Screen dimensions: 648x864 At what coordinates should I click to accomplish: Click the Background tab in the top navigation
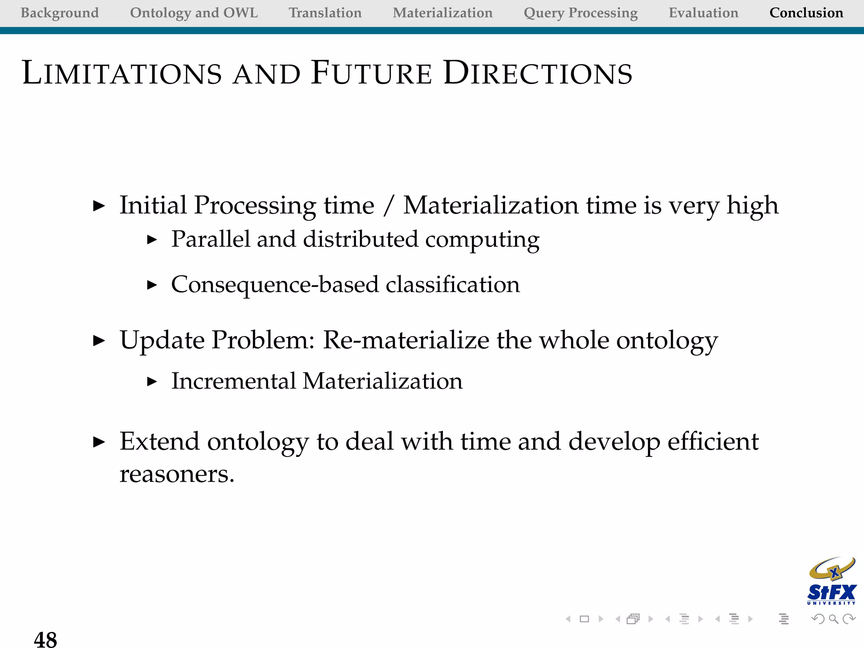point(59,13)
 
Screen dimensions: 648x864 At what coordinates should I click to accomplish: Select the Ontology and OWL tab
point(194,13)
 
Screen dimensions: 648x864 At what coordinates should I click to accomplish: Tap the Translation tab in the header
point(325,13)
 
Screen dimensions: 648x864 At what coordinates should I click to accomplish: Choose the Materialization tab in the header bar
point(443,13)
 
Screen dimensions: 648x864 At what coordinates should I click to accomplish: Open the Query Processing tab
point(580,13)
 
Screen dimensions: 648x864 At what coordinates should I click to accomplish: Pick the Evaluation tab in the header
point(703,13)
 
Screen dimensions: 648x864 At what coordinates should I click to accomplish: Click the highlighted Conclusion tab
point(806,13)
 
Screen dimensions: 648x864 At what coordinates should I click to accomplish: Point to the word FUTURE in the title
point(371,73)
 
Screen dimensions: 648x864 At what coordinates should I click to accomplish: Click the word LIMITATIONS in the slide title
point(122,73)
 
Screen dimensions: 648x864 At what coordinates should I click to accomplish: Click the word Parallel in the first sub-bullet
point(211,239)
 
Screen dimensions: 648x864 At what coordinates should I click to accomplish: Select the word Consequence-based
point(275,285)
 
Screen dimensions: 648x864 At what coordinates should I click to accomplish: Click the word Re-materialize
point(405,340)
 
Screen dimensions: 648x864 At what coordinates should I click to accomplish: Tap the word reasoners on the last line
point(176,475)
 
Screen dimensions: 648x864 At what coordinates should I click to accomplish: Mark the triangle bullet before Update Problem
point(99,340)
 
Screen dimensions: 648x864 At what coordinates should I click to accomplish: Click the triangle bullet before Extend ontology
point(99,442)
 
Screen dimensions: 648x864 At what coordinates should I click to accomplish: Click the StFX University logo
point(832,581)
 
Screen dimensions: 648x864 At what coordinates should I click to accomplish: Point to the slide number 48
point(46,639)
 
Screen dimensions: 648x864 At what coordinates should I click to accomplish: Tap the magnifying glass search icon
point(833,619)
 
